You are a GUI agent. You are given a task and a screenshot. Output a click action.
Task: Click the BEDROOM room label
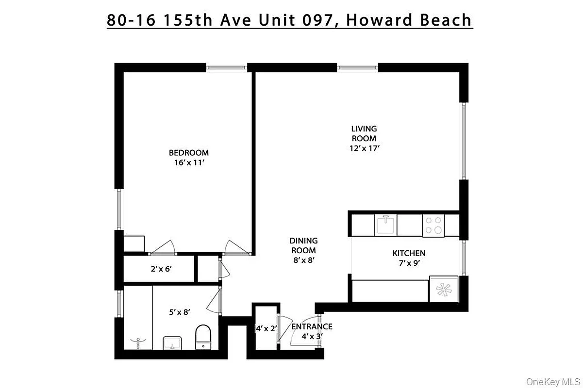189,153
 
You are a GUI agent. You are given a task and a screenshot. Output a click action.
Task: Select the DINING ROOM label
303,245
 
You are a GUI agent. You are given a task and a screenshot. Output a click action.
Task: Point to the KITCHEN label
409,253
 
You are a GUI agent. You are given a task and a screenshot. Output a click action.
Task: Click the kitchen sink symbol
386,225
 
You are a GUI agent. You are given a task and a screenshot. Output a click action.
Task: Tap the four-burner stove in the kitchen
433,226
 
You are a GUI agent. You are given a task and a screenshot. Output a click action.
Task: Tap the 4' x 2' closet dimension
266,328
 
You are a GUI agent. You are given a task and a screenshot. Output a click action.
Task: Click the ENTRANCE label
312,326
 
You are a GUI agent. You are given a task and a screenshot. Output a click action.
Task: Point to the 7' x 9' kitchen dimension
409,263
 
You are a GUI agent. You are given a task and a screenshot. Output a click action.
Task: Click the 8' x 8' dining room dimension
303,260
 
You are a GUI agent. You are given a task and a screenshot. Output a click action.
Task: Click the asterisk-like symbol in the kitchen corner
443,290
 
